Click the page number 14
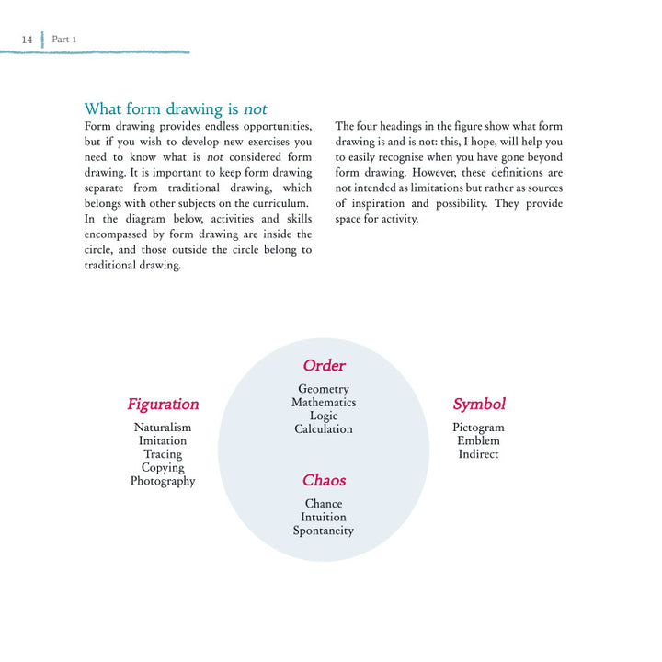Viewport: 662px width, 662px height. click(27, 40)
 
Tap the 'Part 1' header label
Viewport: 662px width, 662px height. click(64, 40)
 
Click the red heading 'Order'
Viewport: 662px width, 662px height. click(324, 366)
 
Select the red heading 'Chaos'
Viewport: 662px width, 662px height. click(324, 480)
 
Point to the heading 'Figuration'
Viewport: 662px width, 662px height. click(163, 404)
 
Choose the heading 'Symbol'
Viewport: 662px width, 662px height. click(479, 404)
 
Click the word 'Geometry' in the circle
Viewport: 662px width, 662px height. click(324, 389)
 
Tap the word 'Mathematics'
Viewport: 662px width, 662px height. click(324, 403)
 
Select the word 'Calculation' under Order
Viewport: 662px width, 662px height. click(324, 429)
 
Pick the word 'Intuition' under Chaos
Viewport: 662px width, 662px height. click(324, 517)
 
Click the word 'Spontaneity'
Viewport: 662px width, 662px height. click(324, 531)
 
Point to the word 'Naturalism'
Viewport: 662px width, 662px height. click(163, 428)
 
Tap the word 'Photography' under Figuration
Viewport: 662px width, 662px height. click(163, 481)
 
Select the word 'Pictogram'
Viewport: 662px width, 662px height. click(479, 428)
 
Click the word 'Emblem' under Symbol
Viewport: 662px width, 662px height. click(479, 440)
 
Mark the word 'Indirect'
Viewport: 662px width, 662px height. click(479, 454)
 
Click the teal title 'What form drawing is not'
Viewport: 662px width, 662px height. click(182, 109)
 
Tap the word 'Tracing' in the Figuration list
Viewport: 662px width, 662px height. click(163, 454)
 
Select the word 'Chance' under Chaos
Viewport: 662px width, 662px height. click(324, 504)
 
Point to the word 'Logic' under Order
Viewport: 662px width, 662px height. click(324, 416)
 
